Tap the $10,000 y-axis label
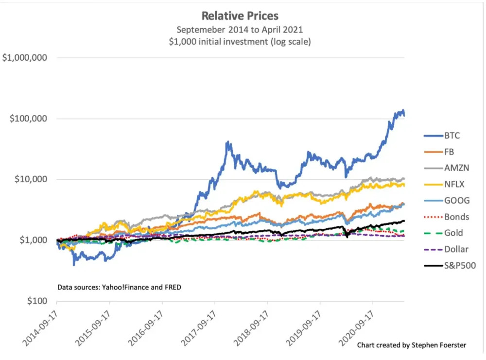tap(30, 179)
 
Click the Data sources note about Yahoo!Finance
tap(119, 287)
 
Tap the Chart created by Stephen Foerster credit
tap(411, 345)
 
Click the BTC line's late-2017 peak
tap(227, 142)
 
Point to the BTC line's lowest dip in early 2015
tap(74, 264)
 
